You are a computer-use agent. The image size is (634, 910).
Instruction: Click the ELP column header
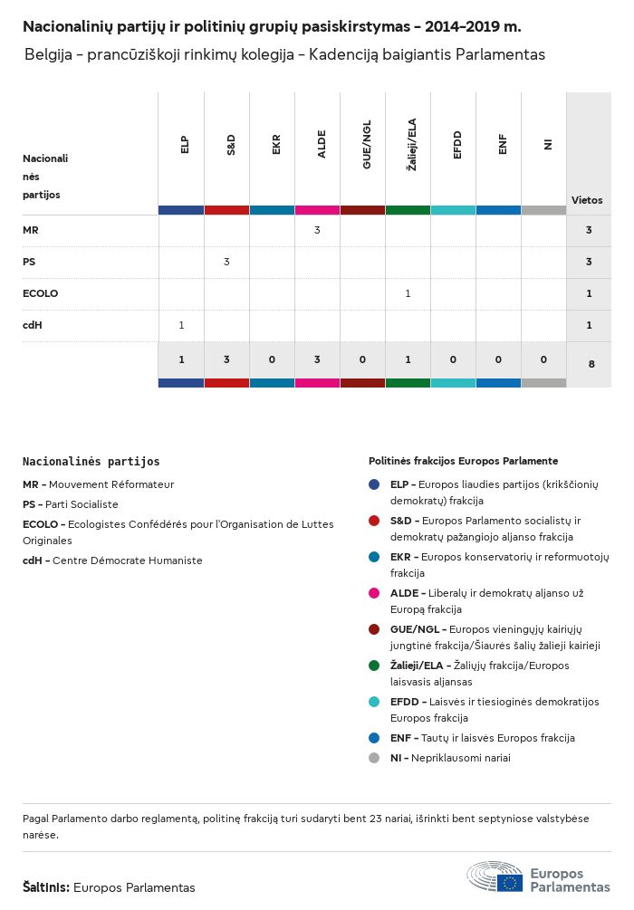click(185, 145)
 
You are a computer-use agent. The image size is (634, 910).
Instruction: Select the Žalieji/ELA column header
click(411, 145)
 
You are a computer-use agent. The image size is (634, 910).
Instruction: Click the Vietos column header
click(587, 200)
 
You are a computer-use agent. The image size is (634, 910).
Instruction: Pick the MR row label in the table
click(31, 231)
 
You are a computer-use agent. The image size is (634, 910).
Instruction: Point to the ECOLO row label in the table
click(40, 293)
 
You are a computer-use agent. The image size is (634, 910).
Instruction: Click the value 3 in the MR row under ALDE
click(317, 231)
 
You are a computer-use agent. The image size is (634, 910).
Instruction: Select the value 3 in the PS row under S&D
click(226, 262)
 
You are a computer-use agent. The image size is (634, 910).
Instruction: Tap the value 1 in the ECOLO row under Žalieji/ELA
click(408, 293)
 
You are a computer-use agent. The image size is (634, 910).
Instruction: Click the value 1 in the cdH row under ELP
click(181, 325)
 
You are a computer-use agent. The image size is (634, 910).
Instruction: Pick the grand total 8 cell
click(591, 364)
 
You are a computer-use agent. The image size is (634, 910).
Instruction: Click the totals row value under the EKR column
click(272, 359)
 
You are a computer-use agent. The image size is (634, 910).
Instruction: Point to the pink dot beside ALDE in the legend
click(374, 593)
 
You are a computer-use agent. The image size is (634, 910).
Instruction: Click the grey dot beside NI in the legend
click(374, 758)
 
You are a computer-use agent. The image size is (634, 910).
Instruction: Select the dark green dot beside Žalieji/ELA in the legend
click(374, 666)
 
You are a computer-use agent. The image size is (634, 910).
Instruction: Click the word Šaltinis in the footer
click(46, 887)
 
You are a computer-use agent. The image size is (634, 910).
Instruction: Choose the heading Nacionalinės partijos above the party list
click(91, 462)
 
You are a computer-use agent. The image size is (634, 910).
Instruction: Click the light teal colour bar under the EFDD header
click(453, 210)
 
